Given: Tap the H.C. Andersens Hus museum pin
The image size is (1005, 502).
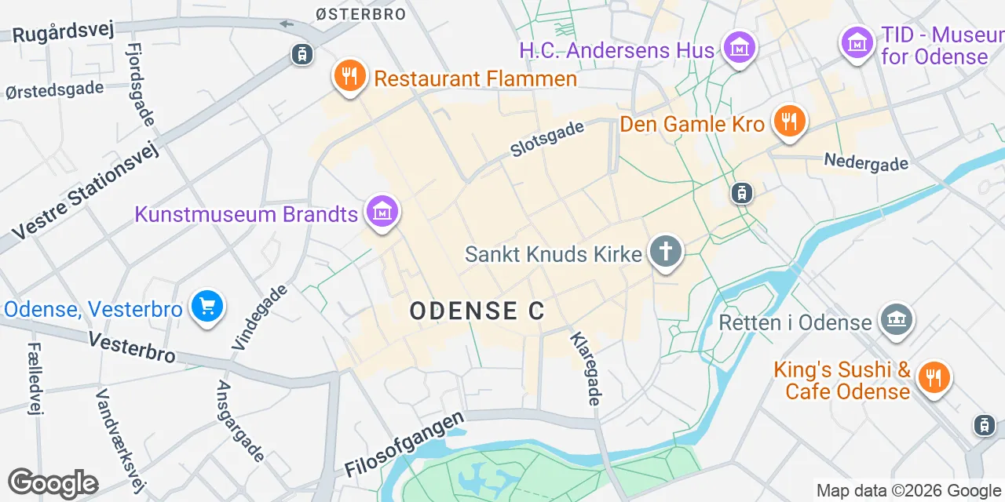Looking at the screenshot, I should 738,49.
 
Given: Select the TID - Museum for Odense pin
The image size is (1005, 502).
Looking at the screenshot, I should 857,42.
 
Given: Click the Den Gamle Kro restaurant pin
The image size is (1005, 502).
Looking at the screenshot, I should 790,122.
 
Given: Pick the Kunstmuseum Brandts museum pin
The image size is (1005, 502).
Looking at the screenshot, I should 382,212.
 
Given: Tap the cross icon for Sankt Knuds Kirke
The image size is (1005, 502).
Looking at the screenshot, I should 666,253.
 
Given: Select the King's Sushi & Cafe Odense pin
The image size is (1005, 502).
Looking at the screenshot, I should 934,378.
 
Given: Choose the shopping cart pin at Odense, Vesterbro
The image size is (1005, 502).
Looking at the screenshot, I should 207,307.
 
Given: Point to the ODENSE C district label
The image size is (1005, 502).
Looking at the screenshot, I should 477,311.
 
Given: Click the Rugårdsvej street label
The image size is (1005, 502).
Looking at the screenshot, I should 64,31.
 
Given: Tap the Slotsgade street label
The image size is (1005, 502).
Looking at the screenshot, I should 547,138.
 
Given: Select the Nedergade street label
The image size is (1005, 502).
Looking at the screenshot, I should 866,162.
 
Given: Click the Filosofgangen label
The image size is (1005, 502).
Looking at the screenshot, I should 405,445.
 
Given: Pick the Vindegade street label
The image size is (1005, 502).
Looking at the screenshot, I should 260,316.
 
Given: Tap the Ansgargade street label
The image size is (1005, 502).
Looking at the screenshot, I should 240,421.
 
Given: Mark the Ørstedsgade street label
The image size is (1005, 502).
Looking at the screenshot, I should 54,89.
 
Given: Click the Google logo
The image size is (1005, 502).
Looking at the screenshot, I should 53,483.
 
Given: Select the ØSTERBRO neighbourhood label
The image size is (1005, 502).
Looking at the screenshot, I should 360,13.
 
